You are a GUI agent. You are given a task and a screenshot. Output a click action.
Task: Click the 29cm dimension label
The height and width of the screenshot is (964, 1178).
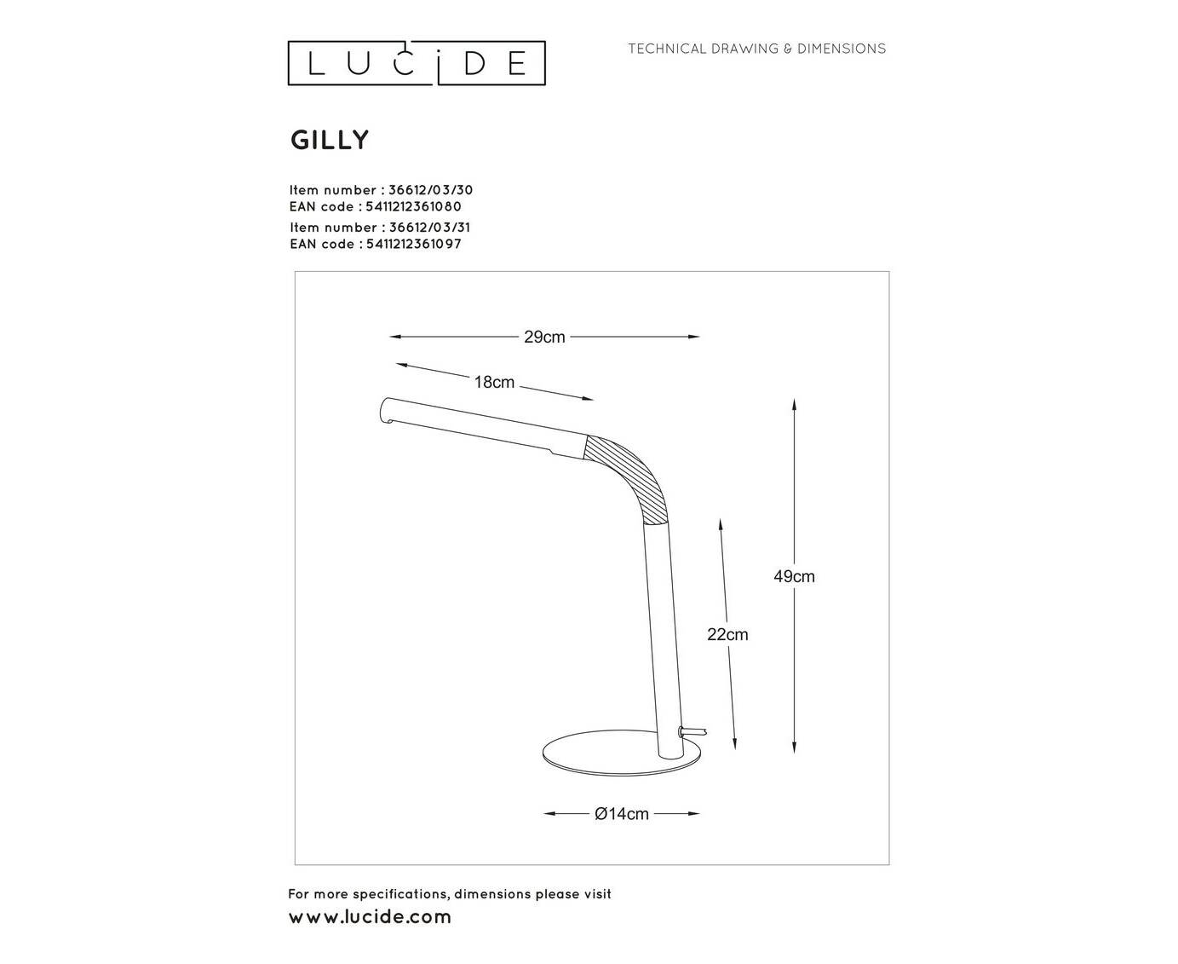point(544,337)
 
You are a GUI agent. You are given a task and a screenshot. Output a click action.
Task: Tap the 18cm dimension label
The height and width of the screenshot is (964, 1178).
point(494,382)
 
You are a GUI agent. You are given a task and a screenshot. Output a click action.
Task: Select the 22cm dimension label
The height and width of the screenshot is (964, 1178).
point(727,634)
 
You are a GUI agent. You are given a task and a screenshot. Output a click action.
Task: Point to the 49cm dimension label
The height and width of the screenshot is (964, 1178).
point(794,576)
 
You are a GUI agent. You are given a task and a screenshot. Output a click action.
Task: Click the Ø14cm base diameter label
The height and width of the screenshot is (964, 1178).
point(621,814)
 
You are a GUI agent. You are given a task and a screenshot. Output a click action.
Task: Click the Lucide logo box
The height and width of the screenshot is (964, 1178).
point(417,63)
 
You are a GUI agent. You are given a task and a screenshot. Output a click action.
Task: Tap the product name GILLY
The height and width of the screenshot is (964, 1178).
point(330,140)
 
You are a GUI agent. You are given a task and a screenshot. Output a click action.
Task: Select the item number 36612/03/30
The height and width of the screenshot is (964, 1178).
point(431,190)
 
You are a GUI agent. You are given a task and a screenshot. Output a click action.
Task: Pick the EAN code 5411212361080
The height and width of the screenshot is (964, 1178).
point(413,206)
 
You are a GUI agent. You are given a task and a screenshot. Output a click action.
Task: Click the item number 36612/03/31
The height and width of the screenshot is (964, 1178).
point(429,228)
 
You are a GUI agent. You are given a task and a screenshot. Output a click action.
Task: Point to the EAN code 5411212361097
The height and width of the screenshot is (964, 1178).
point(414,244)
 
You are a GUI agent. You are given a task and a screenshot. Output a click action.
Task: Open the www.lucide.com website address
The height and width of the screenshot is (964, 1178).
point(370,917)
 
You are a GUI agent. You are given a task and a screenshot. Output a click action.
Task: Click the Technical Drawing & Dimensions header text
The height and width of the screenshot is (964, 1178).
point(757,49)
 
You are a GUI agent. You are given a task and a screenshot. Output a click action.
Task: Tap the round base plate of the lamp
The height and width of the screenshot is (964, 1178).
point(621,754)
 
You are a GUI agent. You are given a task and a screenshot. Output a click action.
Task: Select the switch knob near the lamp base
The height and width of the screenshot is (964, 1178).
point(692,731)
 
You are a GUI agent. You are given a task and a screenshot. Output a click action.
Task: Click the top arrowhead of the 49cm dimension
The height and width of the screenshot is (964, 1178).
point(794,406)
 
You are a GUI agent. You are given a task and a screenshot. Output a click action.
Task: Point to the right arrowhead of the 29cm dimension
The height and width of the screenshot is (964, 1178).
point(692,337)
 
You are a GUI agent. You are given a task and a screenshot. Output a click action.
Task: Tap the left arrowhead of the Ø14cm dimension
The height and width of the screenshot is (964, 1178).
point(550,814)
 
